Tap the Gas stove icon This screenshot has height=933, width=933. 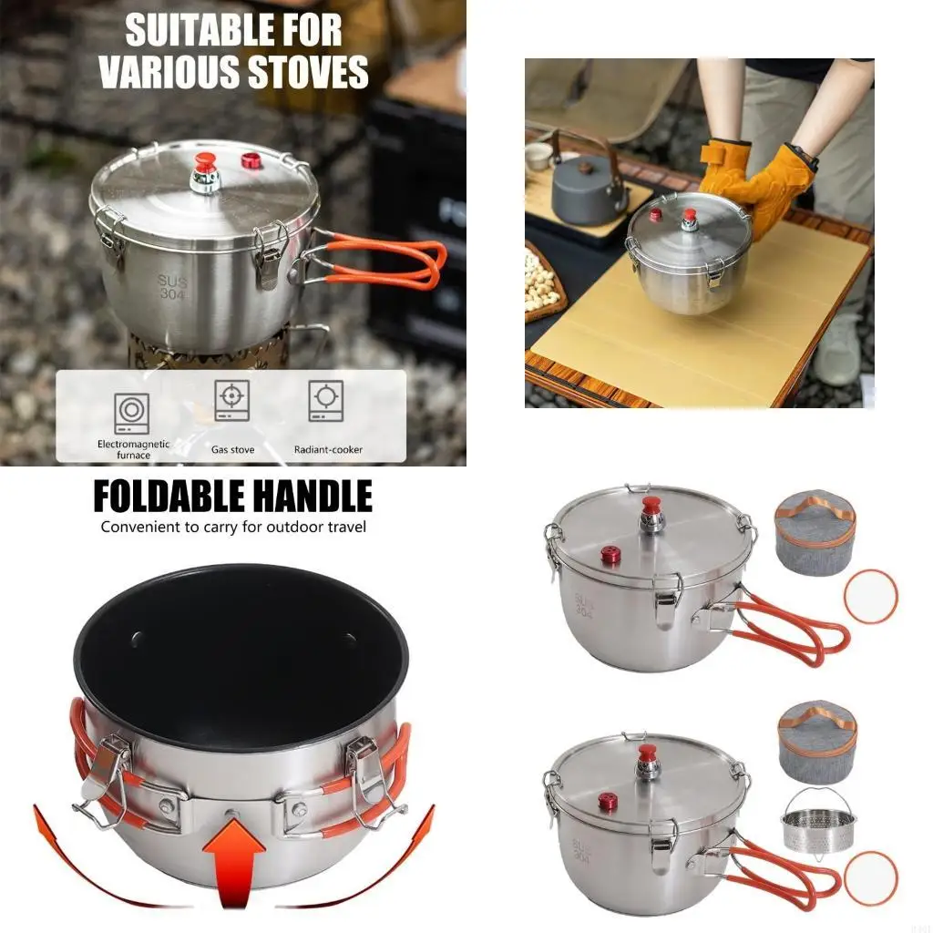tap(232, 399)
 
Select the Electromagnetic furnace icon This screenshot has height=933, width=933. tap(131, 412)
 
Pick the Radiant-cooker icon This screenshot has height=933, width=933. tap(326, 400)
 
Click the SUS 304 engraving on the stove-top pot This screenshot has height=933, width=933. tap(172, 288)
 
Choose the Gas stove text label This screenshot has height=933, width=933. tap(232, 449)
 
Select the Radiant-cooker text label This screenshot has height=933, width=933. tap(328, 449)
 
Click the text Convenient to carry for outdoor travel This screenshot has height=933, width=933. tap(233, 527)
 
